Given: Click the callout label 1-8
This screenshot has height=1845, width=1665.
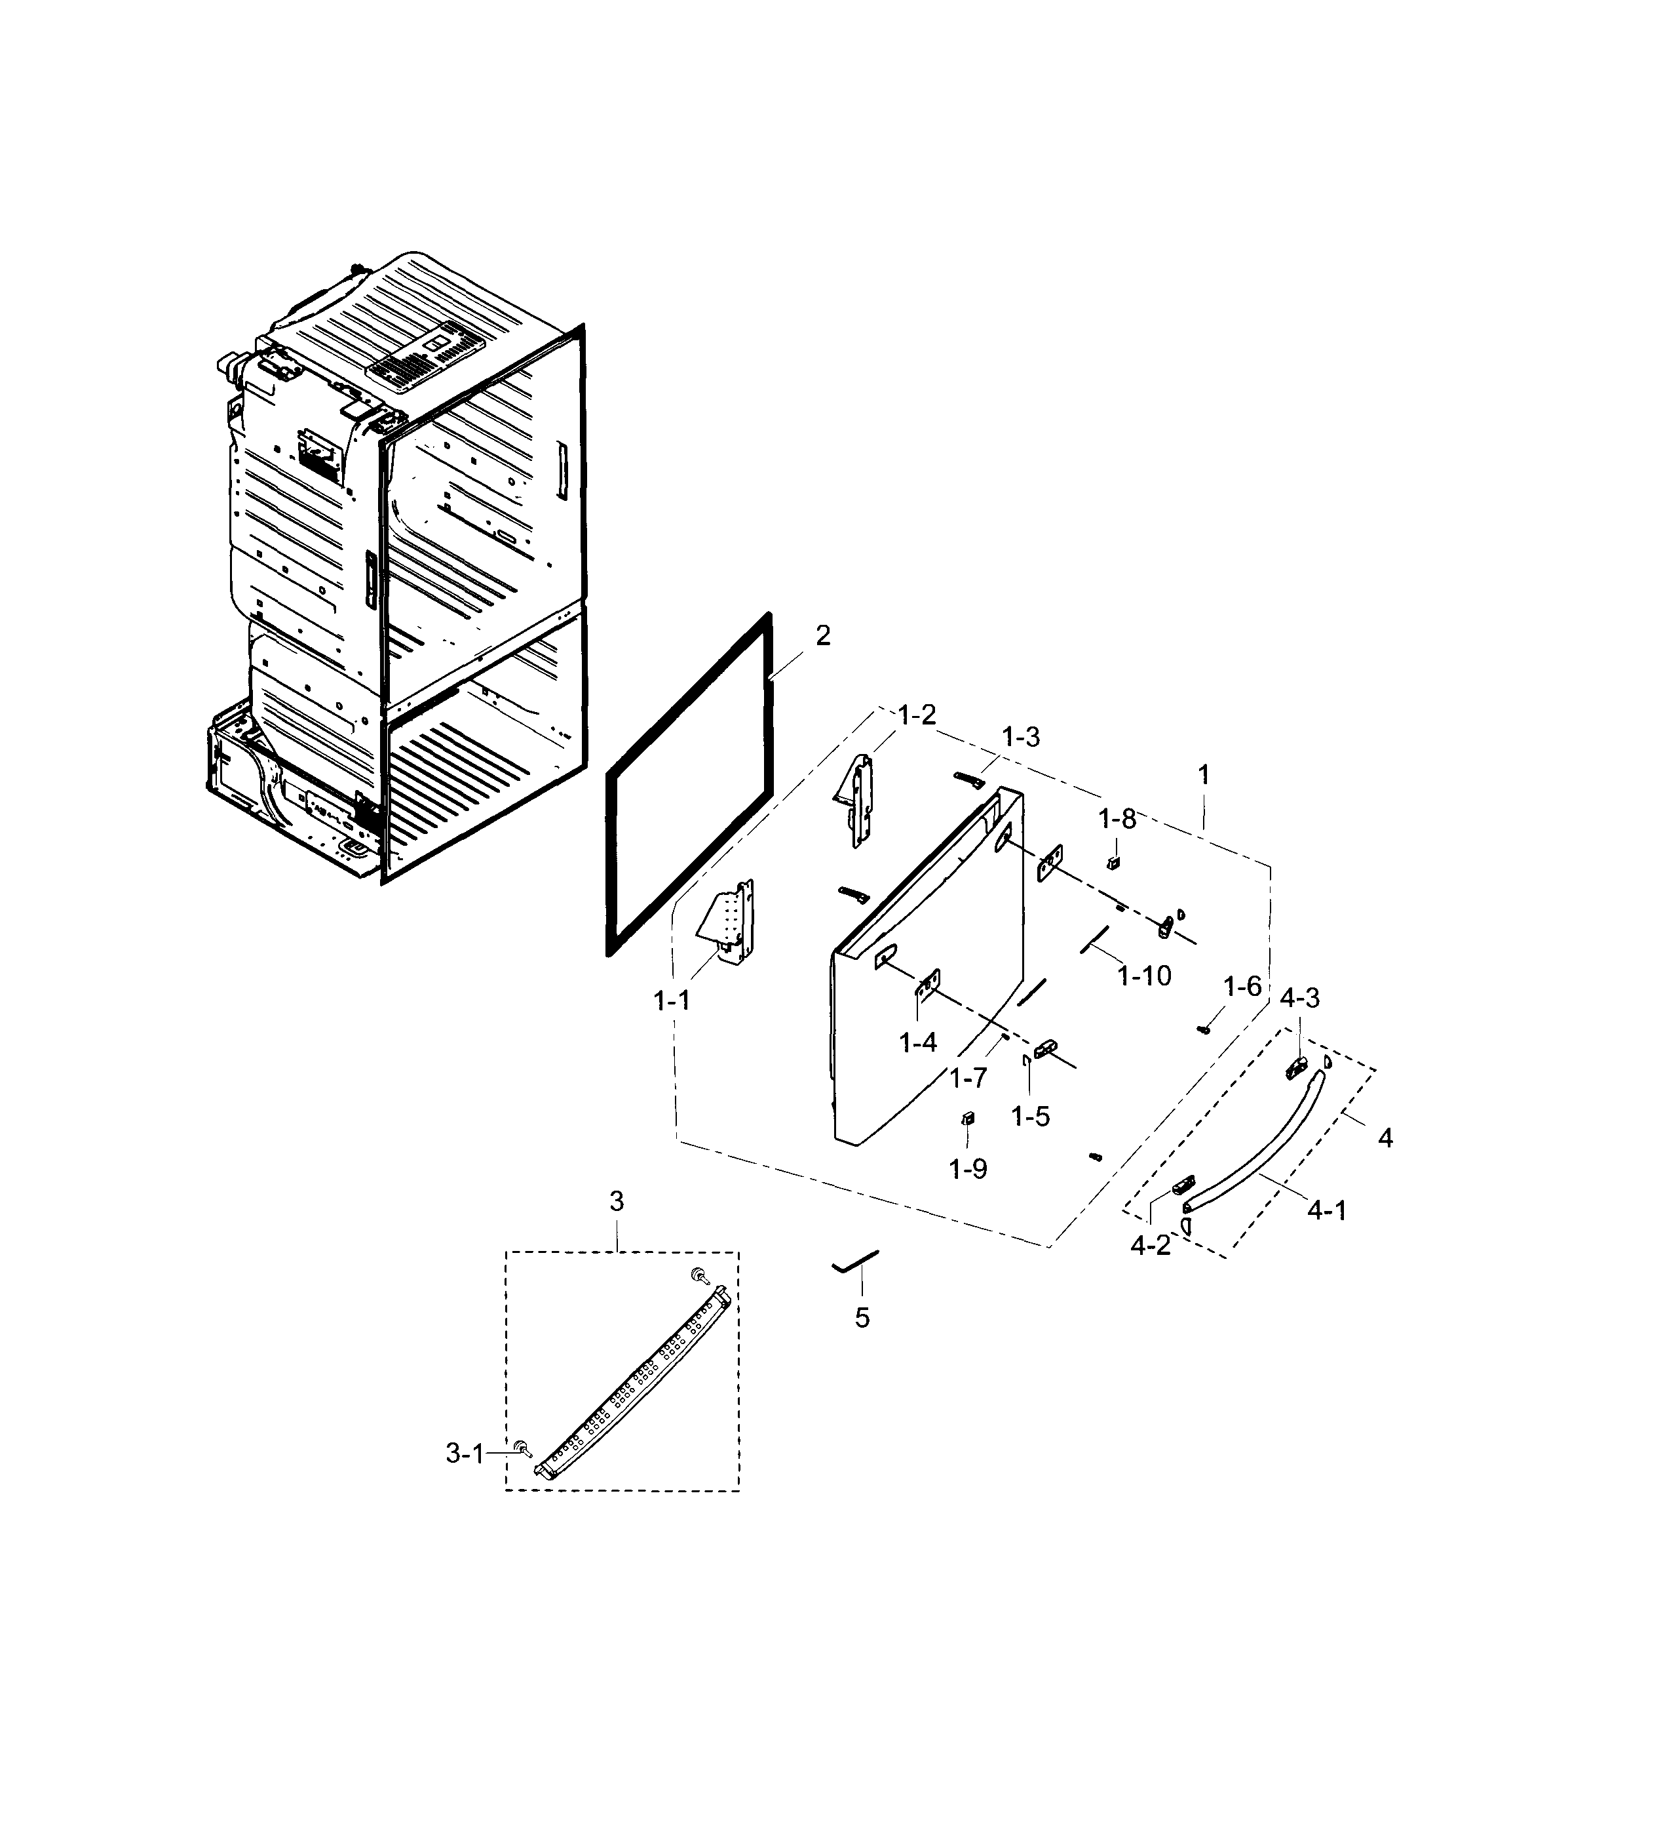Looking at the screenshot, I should (x=1116, y=819).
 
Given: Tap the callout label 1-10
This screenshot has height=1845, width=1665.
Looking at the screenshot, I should (x=1143, y=976).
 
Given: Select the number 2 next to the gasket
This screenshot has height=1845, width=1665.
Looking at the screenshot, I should (x=822, y=635).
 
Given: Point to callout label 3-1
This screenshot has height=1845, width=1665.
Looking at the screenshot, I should (x=464, y=1452).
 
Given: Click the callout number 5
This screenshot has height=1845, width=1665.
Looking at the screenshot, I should (x=862, y=1318).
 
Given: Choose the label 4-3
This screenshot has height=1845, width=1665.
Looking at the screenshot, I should (x=1299, y=997).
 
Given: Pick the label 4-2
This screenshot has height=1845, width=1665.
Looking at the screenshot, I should (x=1150, y=1244).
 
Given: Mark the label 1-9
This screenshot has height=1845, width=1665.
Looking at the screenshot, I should (x=968, y=1168).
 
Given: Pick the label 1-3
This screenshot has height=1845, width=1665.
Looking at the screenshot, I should (x=1020, y=738).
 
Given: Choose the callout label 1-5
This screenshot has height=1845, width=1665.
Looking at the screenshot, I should (x=1030, y=1116).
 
